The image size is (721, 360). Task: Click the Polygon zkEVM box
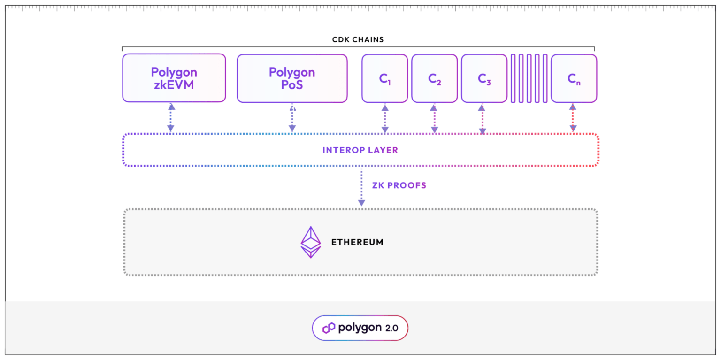174,78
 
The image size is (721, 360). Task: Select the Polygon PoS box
291,78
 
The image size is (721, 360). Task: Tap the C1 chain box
384,78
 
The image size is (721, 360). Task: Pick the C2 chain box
434,78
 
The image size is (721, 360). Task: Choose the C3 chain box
484,78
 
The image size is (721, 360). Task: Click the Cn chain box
574,78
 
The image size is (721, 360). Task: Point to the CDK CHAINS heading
358,40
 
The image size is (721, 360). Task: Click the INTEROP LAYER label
360,150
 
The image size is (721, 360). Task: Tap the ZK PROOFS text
399,185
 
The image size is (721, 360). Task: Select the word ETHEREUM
357,243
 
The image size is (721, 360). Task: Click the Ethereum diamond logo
310,242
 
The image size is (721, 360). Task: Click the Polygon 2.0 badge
360,328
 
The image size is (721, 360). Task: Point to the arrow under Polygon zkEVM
171,118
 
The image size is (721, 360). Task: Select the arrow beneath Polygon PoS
292,118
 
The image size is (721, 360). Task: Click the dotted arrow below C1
384,118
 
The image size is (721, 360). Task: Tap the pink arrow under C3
482,119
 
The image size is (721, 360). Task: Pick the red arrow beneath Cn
573,118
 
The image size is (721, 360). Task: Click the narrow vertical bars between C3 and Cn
529,78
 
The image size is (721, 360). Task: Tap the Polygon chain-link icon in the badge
329,328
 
